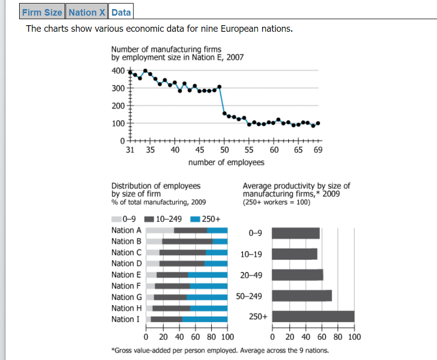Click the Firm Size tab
pyautogui.click(x=42, y=12)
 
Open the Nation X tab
pyautogui.click(x=87, y=12)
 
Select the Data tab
pyautogui.click(x=121, y=12)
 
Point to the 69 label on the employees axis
pyautogui.click(x=318, y=150)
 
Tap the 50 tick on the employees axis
pyautogui.click(x=224, y=150)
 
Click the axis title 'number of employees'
pyautogui.click(x=226, y=162)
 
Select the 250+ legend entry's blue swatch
pyautogui.click(x=195, y=219)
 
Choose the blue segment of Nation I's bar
pyautogui.click(x=205, y=319)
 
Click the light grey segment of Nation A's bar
pyautogui.click(x=160, y=230)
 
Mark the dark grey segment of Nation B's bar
pyautogui.click(x=187, y=242)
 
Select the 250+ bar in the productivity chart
pyautogui.click(x=313, y=316)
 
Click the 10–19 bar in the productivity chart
pyautogui.click(x=294, y=254)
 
